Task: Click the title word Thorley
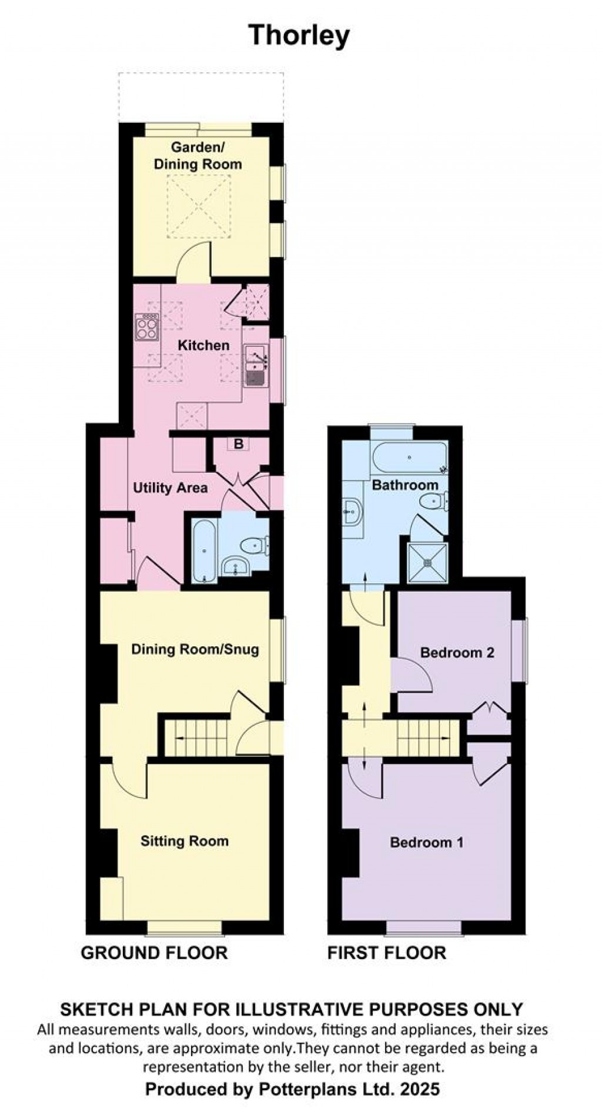[299, 36]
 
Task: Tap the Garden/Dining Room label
[198, 156]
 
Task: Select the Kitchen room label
[203, 345]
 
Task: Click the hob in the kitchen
[147, 327]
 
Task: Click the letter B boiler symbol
[239, 444]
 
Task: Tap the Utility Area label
[170, 488]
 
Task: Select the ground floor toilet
[257, 545]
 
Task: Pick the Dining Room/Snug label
[195, 650]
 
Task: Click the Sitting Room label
[185, 841]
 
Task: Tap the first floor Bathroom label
[405, 485]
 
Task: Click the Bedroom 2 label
[457, 653]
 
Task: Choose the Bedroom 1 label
[427, 843]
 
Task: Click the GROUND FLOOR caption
[154, 953]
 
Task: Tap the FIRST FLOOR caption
[387, 953]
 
